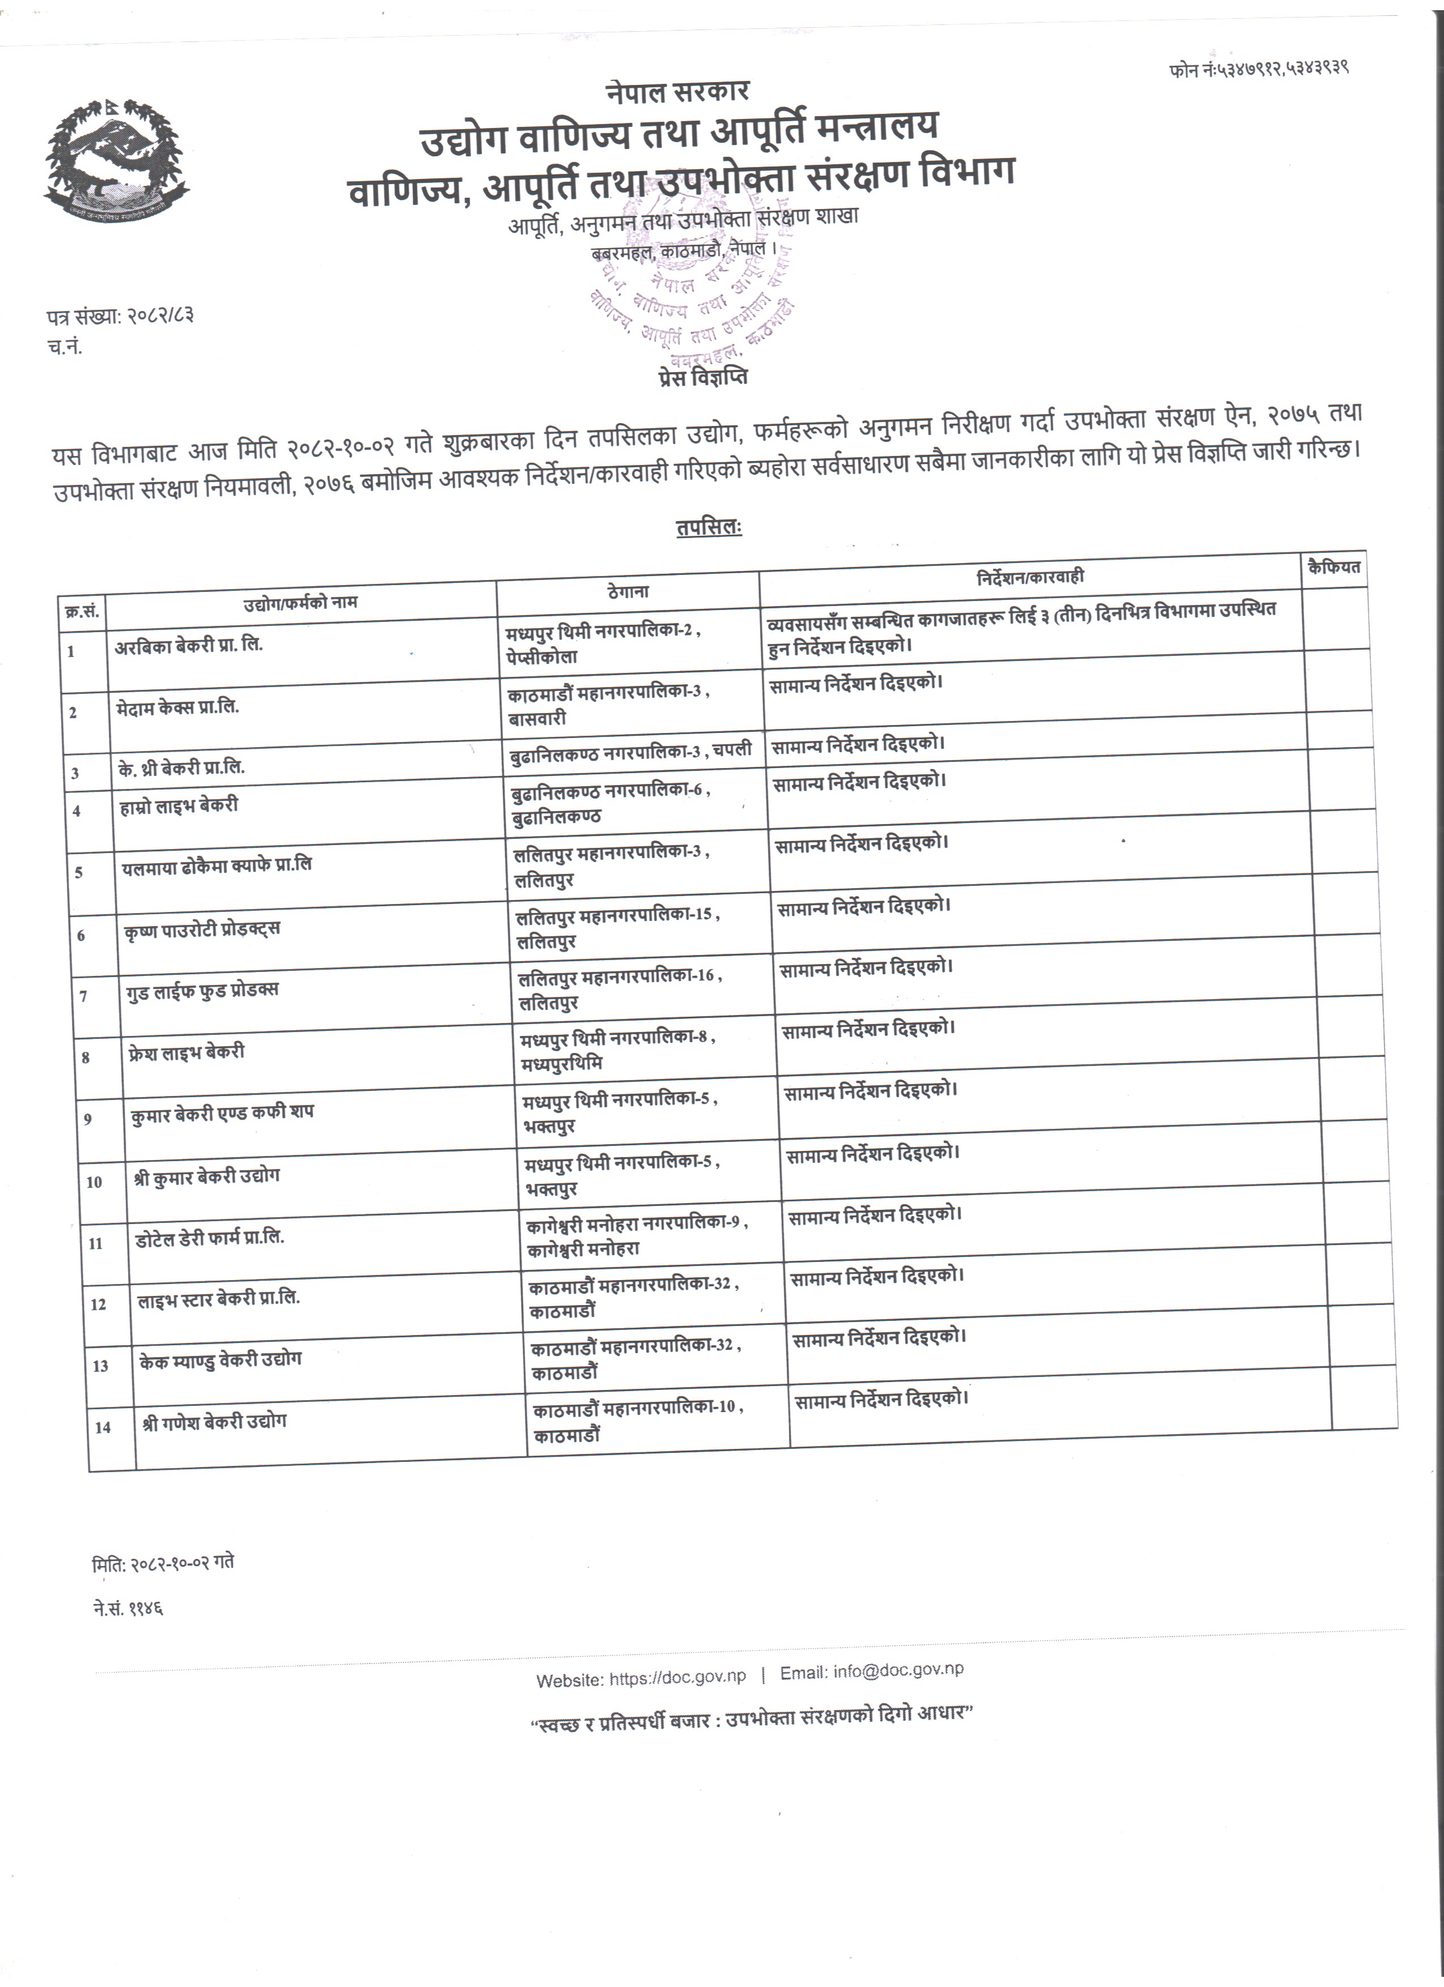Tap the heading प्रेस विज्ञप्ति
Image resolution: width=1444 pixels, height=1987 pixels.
pyautogui.click(x=702, y=378)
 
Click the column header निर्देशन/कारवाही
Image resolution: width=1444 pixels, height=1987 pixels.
pyautogui.click(x=1030, y=577)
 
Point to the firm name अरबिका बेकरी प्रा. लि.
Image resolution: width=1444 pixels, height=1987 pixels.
pyautogui.click(x=189, y=646)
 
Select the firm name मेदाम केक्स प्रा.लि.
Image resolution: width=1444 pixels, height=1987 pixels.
pyautogui.click(x=178, y=707)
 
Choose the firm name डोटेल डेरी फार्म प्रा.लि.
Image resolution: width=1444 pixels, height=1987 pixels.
pyautogui.click(x=210, y=1238)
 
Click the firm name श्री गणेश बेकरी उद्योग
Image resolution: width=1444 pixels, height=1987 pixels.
pyautogui.click(x=215, y=1422)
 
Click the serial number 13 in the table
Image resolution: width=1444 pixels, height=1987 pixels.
pyautogui.click(x=101, y=1366)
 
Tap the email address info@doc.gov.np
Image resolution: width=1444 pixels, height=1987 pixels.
pyautogui.click(x=899, y=1671)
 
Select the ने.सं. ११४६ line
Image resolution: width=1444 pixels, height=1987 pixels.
pyautogui.click(x=128, y=1607)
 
